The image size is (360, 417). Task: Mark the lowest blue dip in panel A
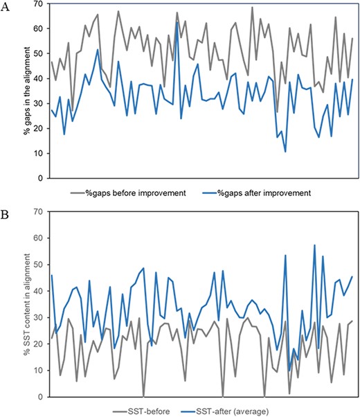[285, 151]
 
